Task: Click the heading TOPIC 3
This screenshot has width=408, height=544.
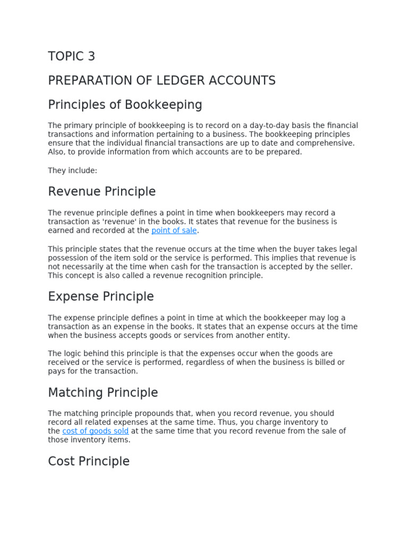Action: tap(72, 56)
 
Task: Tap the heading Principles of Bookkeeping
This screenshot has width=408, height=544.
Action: tap(125, 105)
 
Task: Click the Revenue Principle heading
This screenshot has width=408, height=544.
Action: tap(101, 191)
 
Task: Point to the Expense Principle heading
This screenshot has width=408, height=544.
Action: tap(100, 296)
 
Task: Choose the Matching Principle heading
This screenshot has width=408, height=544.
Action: tap(103, 393)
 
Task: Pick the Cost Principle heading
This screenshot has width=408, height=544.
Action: tap(89, 461)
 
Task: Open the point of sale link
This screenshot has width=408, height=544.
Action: tap(174, 231)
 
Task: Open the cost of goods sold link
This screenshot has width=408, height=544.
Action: tap(95, 431)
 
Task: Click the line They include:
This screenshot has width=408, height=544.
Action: tap(72, 171)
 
